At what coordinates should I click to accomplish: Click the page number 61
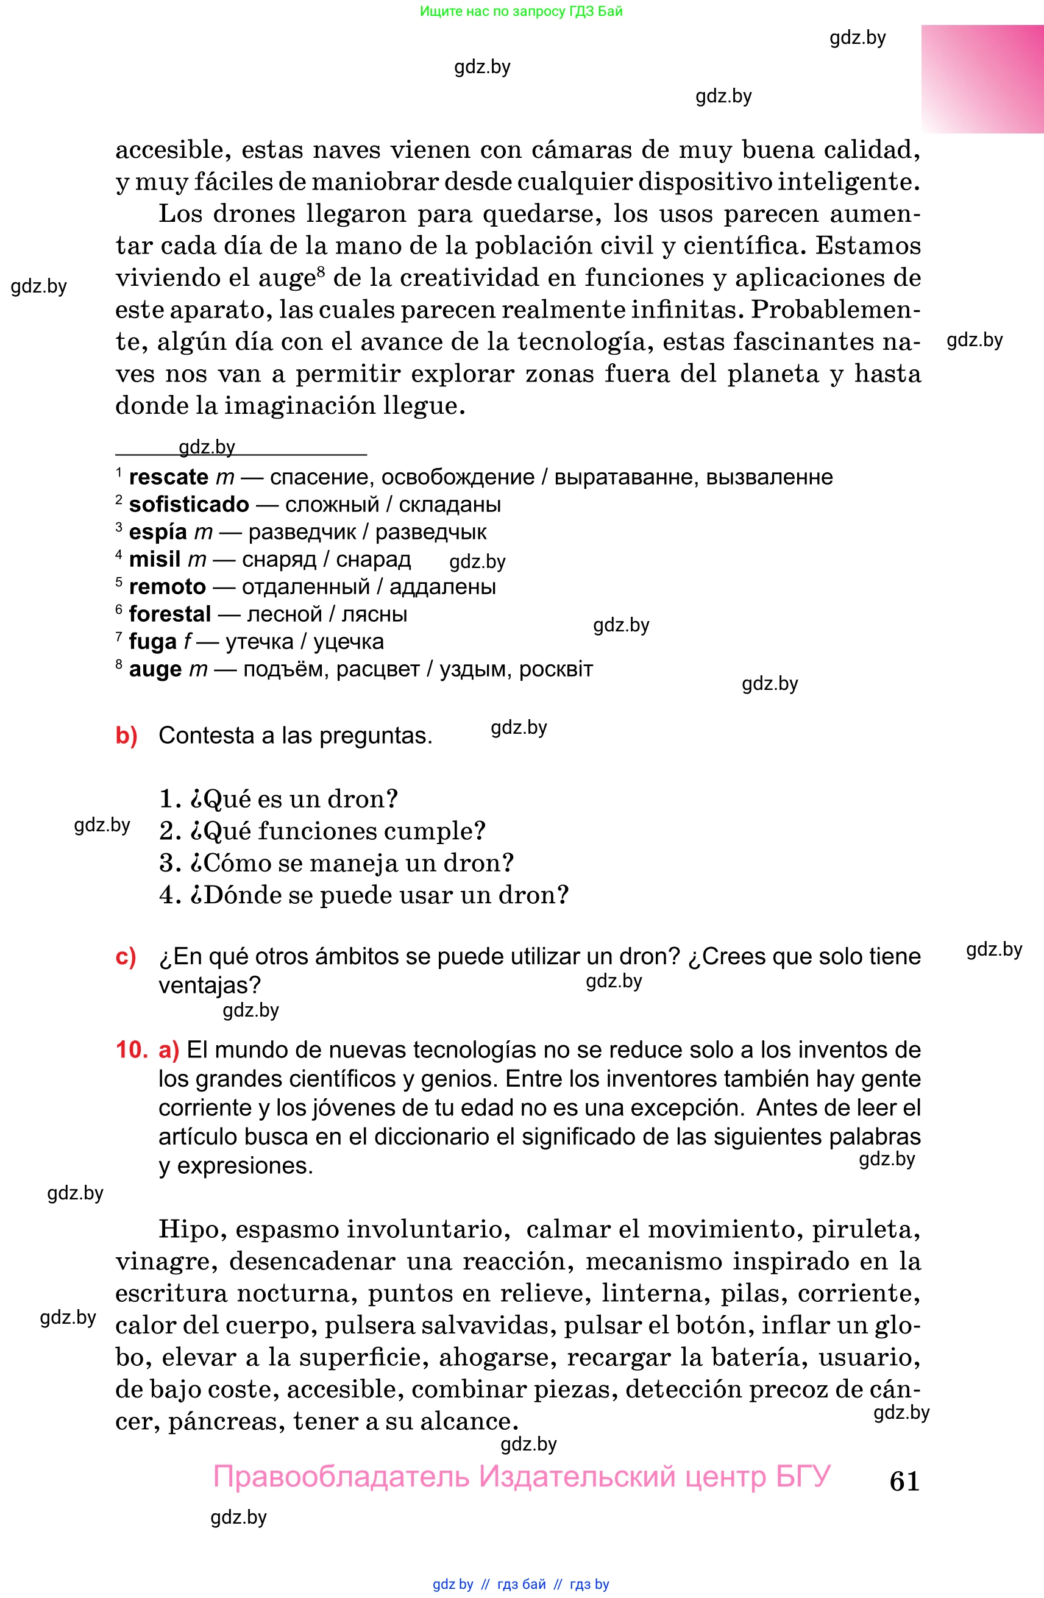[904, 1480]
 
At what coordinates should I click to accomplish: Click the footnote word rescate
[169, 477]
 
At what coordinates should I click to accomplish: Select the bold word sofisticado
[189, 504]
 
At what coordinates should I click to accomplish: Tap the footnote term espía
[157, 532]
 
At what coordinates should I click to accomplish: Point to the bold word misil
[154, 559]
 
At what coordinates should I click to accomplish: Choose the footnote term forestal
[170, 614]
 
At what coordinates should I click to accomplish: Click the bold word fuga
[152, 641]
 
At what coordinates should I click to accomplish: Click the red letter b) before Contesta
[126, 735]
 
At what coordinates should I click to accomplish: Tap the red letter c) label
[126, 956]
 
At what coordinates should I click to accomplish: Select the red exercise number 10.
[132, 1049]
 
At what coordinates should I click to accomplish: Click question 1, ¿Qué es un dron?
[279, 799]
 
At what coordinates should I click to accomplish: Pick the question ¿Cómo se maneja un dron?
[336, 863]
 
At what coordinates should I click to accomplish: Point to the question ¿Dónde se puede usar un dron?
[364, 895]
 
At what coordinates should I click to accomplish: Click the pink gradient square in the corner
[982, 79]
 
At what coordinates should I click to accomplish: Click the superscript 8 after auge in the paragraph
[321, 272]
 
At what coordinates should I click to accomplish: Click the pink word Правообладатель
[341, 1477]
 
